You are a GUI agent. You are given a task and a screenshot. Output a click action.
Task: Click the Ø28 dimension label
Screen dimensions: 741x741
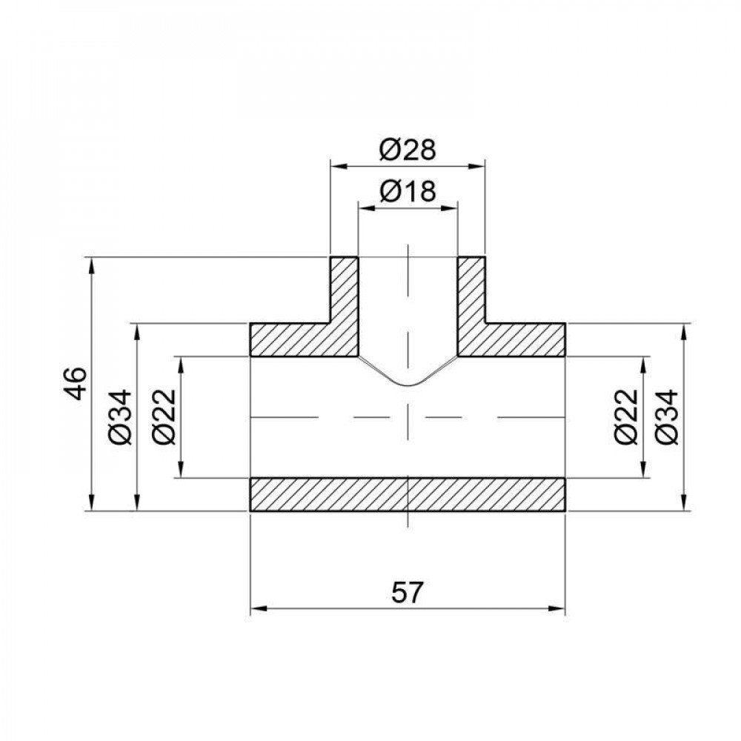point(407,150)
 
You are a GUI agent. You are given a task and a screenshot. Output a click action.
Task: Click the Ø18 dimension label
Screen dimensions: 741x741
point(407,193)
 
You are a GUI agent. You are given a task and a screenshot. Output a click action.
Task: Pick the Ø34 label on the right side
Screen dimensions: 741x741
point(668,416)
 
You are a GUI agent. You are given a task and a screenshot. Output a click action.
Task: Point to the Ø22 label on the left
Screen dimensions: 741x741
point(165,416)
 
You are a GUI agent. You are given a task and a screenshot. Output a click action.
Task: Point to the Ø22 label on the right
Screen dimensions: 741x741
point(626,416)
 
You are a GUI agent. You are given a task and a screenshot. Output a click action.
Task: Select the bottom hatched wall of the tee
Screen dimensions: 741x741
point(408,494)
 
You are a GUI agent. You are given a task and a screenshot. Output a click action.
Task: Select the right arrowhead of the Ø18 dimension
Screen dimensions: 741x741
point(451,208)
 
